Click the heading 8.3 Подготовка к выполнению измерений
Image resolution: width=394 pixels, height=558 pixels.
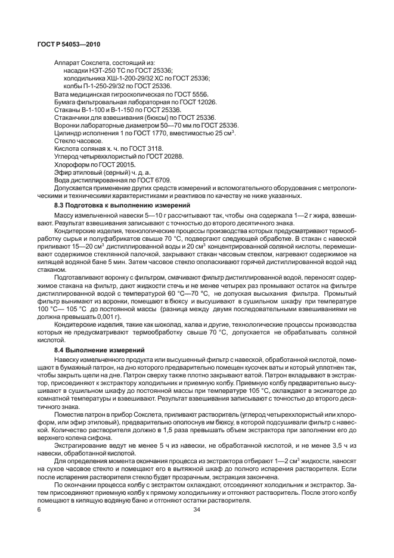[x=117, y=204]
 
